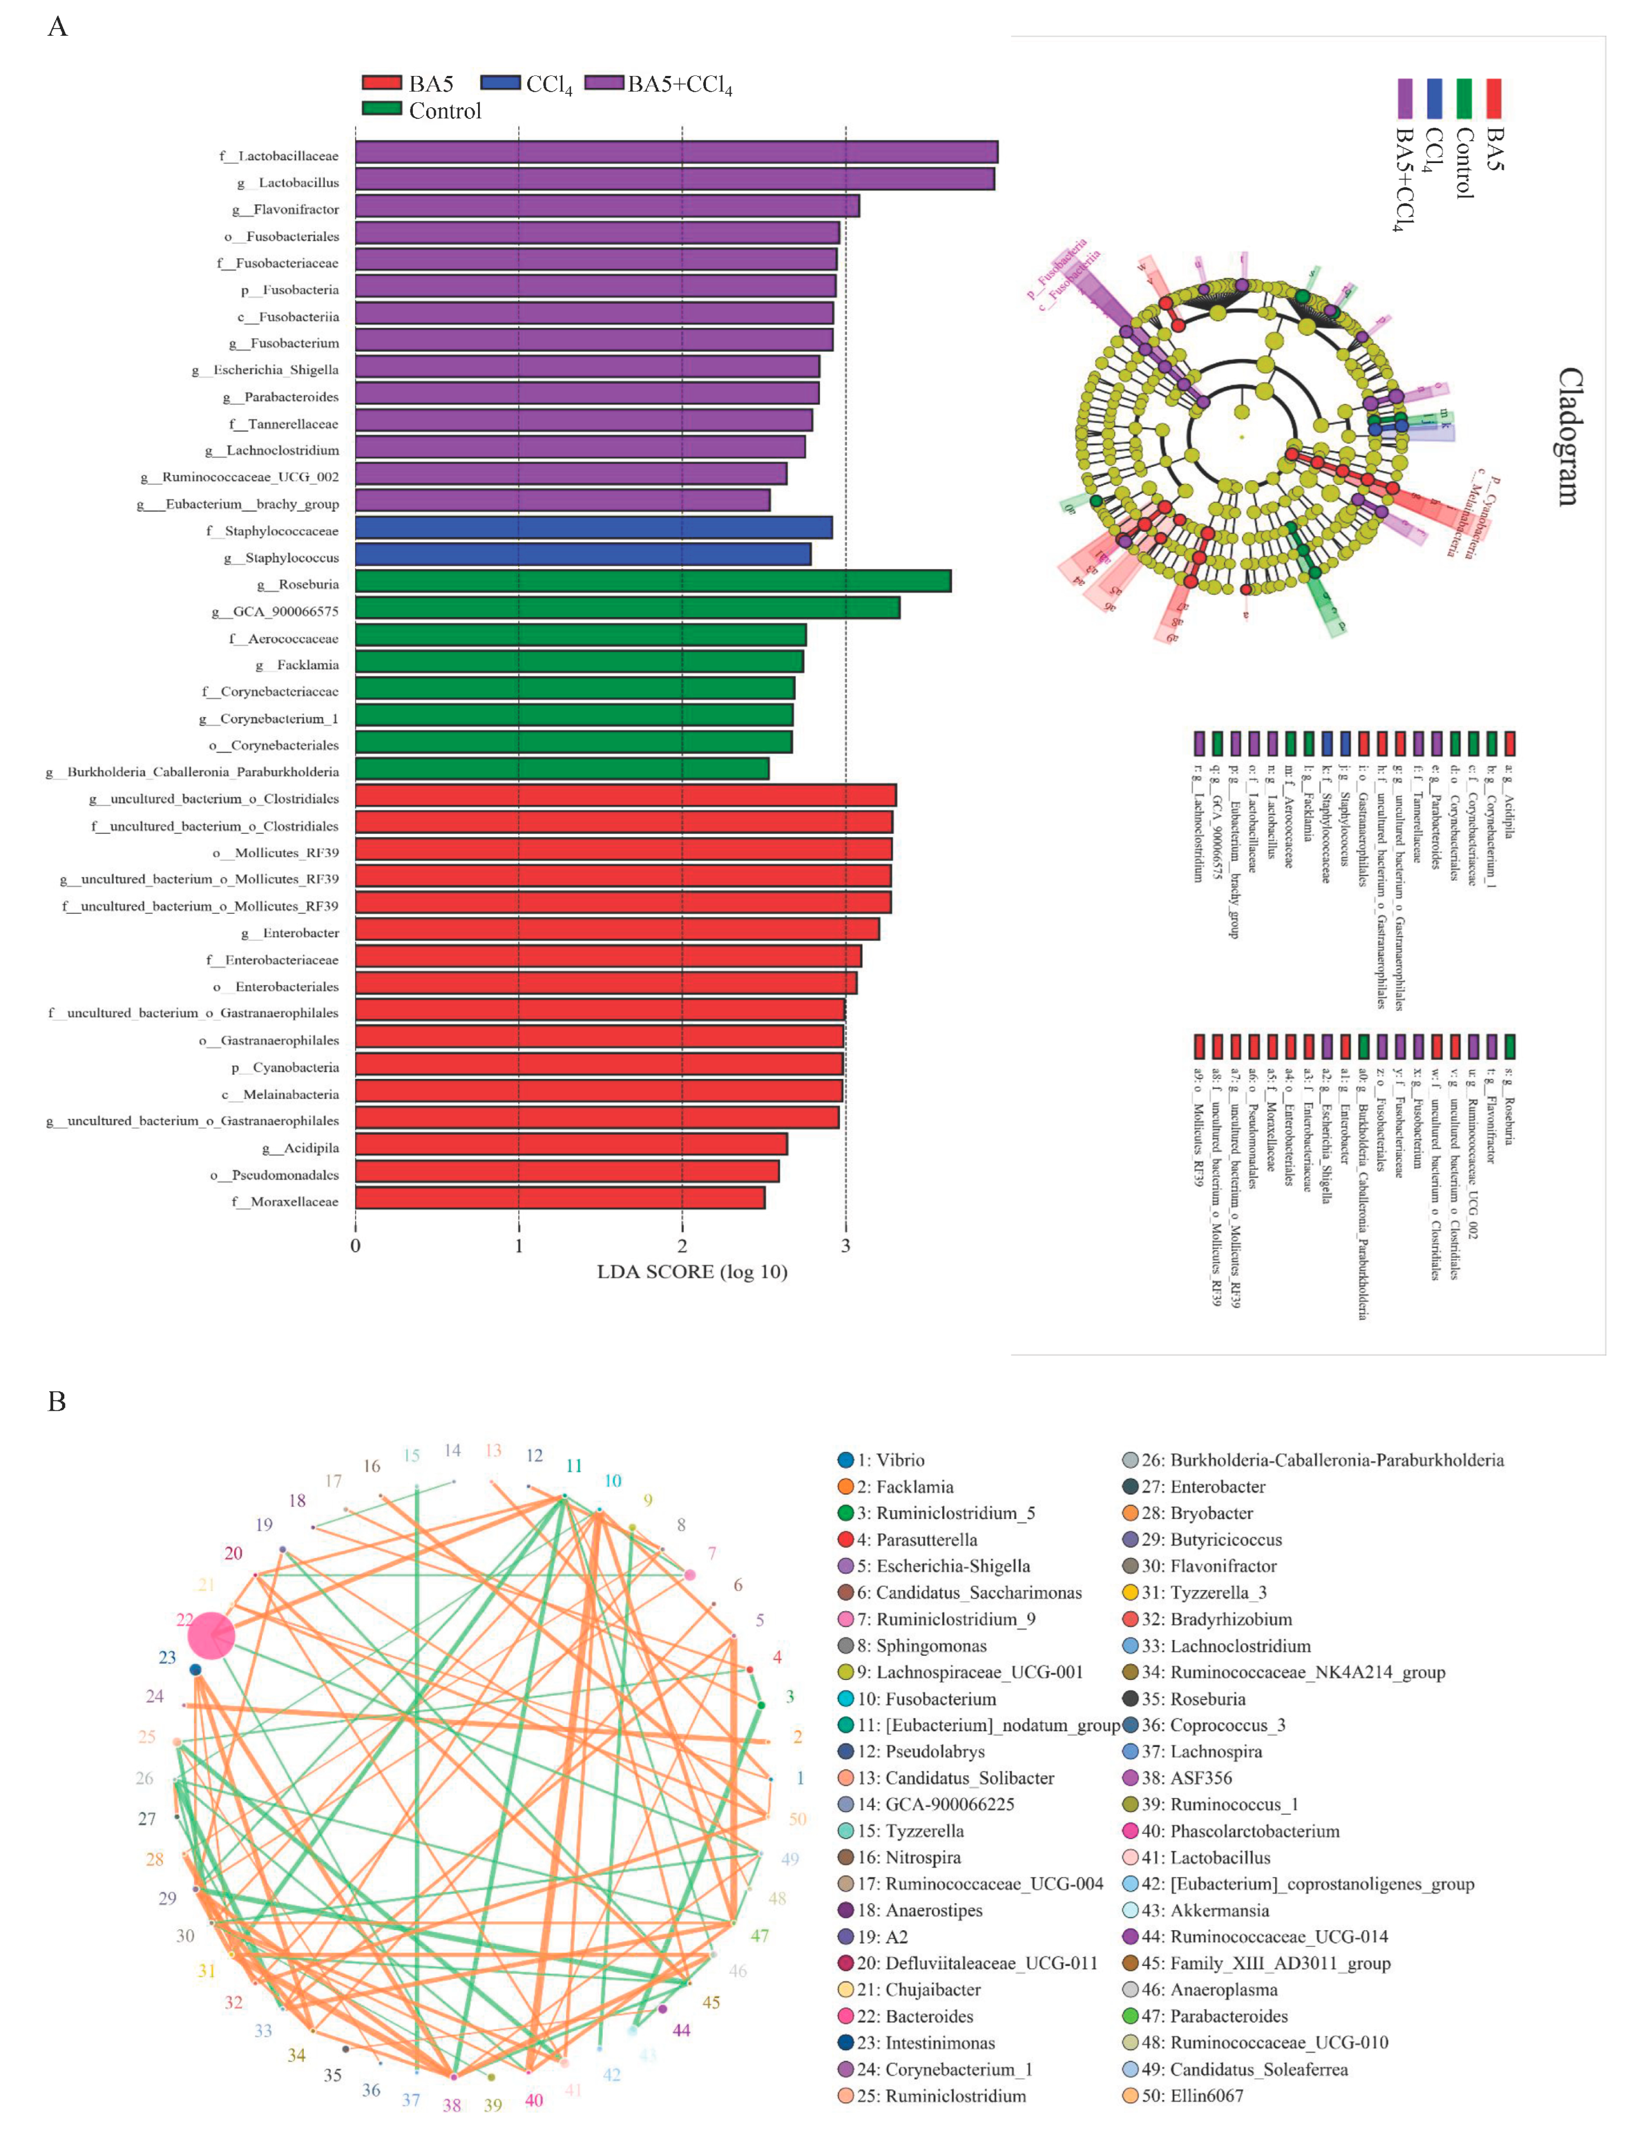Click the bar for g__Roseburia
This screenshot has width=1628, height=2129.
tap(652, 580)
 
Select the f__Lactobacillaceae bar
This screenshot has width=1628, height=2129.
tap(675, 152)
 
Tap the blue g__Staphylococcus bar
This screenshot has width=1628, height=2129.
tap(583, 554)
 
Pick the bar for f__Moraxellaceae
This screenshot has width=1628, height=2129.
tap(559, 1198)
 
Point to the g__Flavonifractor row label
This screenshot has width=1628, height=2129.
tap(286, 209)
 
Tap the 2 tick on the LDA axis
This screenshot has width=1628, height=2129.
tap(682, 1246)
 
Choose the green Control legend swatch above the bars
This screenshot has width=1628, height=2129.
tap(381, 108)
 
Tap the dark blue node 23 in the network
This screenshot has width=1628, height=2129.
tap(195, 1670)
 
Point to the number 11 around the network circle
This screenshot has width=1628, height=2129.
tap(574, 1466)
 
